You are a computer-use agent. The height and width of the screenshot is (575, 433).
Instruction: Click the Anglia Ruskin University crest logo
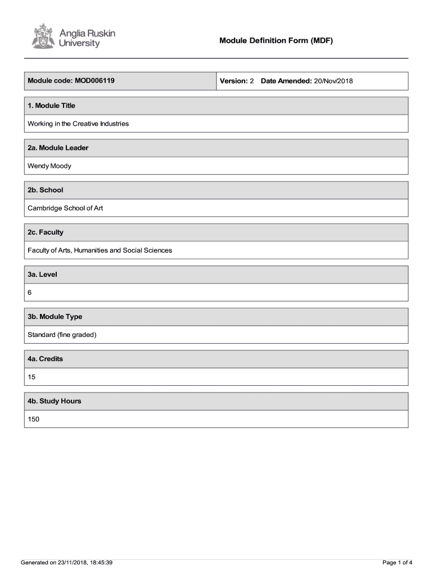click(x=42, y=35)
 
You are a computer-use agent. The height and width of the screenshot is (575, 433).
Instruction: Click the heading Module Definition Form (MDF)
click(x=277, y=40)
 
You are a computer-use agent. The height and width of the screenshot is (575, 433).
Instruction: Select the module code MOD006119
click(x=94, y=81)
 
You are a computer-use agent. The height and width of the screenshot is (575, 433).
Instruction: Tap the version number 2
click(x=252, y=81)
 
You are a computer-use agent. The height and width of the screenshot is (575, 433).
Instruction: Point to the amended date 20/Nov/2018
click(x=333, y=81)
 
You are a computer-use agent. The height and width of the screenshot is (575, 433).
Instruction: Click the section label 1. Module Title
click(x=51, y=106)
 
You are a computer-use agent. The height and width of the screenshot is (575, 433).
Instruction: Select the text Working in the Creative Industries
click(x=78, y=124)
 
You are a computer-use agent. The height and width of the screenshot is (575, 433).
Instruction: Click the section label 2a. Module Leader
click(x=58, y=148)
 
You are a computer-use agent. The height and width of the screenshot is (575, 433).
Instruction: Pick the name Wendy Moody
click(x=49, y=166)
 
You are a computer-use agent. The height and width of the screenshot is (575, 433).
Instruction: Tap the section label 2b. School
click(x=46, y=190)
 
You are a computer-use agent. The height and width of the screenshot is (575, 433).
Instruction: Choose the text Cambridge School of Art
click(x=65, y=208)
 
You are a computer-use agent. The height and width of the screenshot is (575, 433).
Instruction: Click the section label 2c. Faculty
click(x=46, y=232)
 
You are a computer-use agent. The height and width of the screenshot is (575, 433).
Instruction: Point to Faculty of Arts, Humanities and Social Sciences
click(x=100, y=250)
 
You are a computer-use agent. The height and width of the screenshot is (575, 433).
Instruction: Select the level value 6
click(x=30, y=293)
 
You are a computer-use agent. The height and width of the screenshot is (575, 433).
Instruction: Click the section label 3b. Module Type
click(x=55, y=317)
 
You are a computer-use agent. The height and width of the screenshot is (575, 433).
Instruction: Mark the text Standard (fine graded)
click(x=62, y=335)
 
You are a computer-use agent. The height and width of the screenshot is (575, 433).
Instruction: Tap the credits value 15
click(x=31, y=377)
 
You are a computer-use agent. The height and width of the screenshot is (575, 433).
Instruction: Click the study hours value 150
click(x=34, y=419)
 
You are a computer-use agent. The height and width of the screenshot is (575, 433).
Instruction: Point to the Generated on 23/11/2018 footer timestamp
click(x=67, y=562)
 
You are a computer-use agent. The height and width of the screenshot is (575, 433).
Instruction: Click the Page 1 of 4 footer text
click(x=398, y=562)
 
